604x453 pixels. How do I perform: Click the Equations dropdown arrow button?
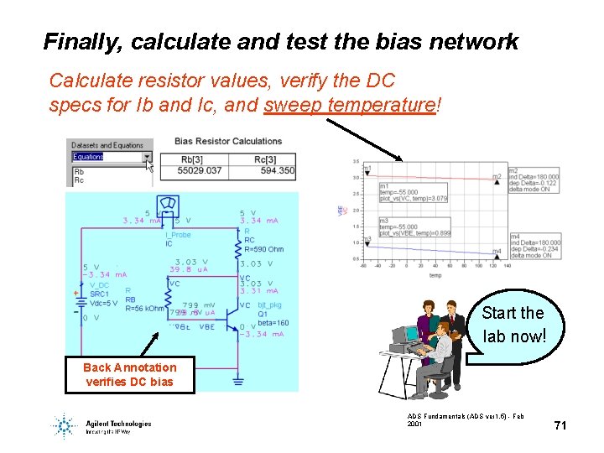click(148, 157)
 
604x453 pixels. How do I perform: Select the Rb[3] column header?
click(192, 159)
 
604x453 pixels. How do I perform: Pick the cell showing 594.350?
click(277, 170)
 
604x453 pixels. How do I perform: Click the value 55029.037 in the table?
click(200, 170)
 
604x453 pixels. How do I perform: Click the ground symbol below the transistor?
click(237, 379)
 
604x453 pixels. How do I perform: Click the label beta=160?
click(271, 323)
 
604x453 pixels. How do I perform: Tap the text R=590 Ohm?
click(263, 249)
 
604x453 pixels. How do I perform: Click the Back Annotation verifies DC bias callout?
click(130, 374)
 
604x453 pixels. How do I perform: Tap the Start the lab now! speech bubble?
click(513, 325)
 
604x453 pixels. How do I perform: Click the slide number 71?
click(560, 425)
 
